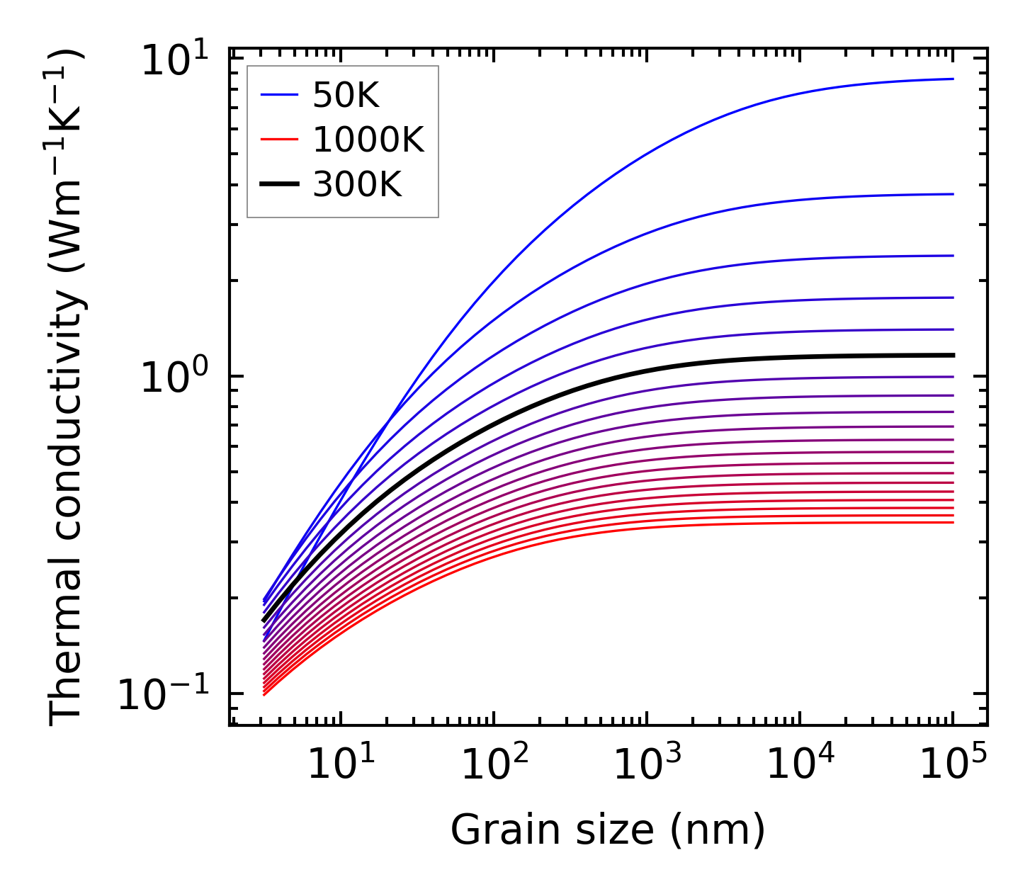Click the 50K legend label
pyautogui.click(x=346, y=96)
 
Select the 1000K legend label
pyautogui.click(x=368, y=140)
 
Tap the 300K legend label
pyautogui.click(x=357, y=185)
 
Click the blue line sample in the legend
pyautogui.click(x=279, y=96)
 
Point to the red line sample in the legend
pyautogui.click(x=279, y=140)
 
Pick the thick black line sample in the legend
pyautogui.click(x=279, y=185)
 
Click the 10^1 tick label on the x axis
pyautogui.click(x=341, y=764)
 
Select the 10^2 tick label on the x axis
pyautogui.click(x=494, y=764)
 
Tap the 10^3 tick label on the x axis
pyautogui.click(x=647, y=764)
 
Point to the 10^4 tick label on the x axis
pyautogui.click(x=800, y=764)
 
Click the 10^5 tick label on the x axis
pyautogui.click(x=953, y=764)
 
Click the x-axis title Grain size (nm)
pyautogui.click(x=608, y=830)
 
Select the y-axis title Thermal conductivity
pyautogui.click(x=67, y=386)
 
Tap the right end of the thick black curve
pyautogui.click(x=953, y=355)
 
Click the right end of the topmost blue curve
pyautogui.click(x=953, y=79)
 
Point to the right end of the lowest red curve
pyautogui.click(x=953, y=523)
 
